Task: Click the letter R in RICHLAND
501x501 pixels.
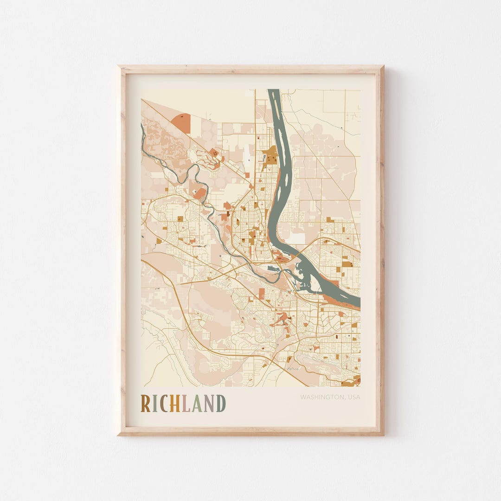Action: (x=146, y=404)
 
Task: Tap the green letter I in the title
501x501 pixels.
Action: (x=154, y=404)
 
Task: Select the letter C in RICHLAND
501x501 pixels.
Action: (x=163, y=404)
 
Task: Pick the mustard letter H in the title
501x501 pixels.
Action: (x=174, y=404)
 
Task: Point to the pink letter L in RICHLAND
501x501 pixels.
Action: (x=185, y=404)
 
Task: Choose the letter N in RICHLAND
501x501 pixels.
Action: (x=209, y=404)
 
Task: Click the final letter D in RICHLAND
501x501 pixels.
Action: (x=221, y=404)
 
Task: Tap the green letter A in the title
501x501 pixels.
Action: (x=196, y=404)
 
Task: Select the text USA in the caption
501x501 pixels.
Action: (x=353, y=397)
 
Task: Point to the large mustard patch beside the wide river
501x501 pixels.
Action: (x=270, y=155)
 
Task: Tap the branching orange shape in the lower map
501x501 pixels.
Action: (x=282, y=319)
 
